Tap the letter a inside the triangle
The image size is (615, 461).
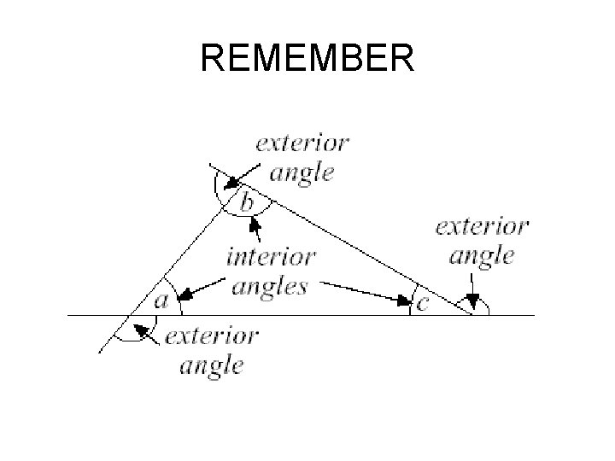(x=161, y=301)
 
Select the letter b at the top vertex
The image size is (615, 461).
(x=246, y=203)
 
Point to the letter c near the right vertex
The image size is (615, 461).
(x=423, y=302)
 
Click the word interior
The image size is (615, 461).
(x=271, y=256)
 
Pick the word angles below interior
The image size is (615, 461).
(x=269, y=285)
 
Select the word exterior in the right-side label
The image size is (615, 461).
(x=482, y=227)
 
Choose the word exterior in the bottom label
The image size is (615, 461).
(x=211, y=336)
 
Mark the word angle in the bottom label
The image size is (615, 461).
(x=211, y=365)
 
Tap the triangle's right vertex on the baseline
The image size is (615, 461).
(x=472, y=315)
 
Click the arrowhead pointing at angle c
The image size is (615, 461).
(x=403, y=300)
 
